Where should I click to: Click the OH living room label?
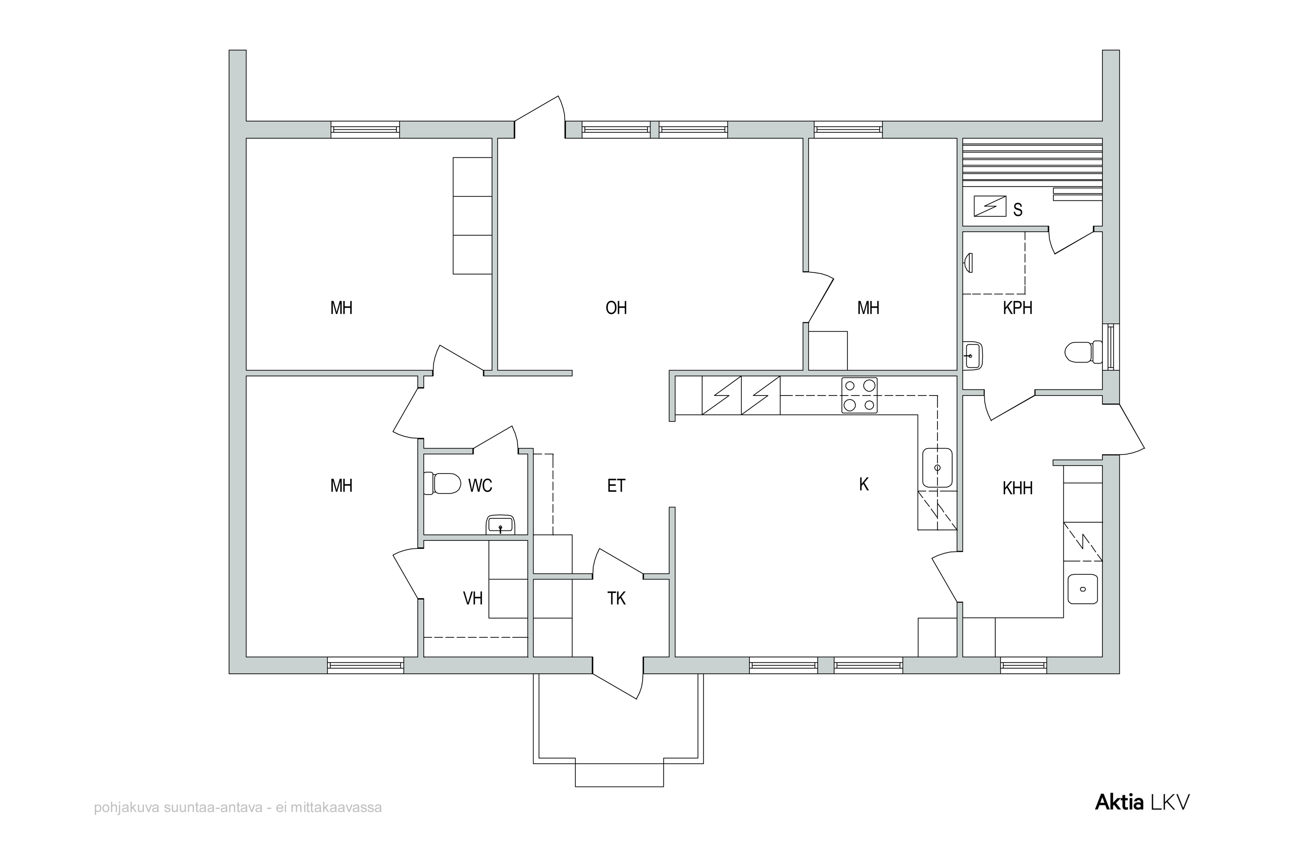click(616, 308)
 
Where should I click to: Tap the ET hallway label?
click(616, 486)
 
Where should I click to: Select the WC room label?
click(480, 486)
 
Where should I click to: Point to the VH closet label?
click(473, 598)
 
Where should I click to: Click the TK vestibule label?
click(617, 598)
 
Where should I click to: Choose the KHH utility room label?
click(1018, 488)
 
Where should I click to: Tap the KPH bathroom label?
click(1018, 308)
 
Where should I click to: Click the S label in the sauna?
click(1018, 209)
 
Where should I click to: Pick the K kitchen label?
click(864, 484)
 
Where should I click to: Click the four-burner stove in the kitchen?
click(859, 395)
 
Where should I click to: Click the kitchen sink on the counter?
click(937, 468)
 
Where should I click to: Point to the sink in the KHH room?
click(1082, 589)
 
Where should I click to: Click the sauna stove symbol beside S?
click(990, 206)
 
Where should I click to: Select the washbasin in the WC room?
click(500, 525)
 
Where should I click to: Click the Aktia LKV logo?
click(1142, 802)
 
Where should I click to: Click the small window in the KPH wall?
click(1111, 347)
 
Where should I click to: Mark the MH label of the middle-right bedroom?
click(868, 308)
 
